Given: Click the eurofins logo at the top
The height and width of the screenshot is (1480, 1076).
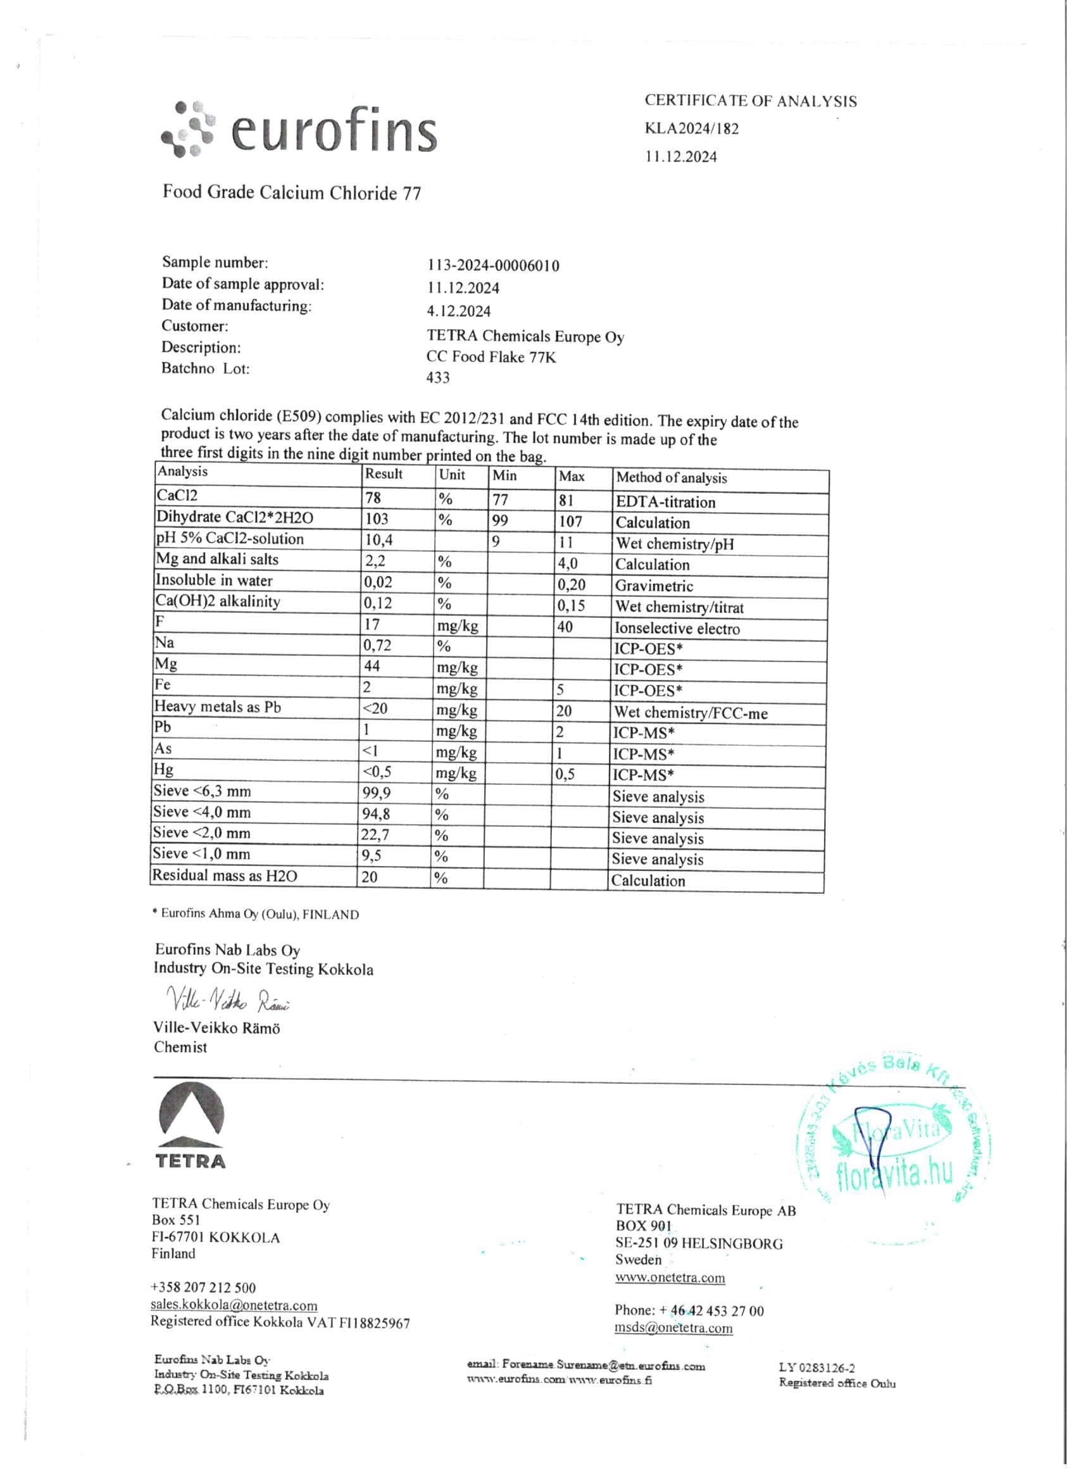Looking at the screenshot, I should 299,129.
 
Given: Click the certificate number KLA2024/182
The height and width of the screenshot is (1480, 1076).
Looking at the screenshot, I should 692,129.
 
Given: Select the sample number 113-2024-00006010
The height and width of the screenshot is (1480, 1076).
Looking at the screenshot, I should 493,266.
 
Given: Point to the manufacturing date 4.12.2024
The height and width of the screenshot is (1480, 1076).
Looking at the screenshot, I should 458,311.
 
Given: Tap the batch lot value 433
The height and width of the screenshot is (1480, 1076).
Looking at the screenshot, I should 438,377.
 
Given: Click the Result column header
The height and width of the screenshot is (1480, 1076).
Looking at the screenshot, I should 384,474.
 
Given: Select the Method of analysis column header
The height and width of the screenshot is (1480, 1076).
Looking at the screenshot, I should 672,478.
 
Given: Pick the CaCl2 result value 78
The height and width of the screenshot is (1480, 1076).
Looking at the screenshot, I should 373,498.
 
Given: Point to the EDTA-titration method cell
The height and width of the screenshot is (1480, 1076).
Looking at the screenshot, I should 666,502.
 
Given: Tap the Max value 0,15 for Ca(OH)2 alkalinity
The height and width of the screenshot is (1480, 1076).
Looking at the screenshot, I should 571,606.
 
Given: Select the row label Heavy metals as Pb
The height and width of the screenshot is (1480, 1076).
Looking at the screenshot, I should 218,706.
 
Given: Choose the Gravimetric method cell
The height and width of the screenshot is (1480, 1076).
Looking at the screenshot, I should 654,586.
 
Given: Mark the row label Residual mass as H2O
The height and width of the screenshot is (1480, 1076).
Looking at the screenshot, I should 225,875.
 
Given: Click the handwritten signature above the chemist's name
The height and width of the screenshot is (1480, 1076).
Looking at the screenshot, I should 228,999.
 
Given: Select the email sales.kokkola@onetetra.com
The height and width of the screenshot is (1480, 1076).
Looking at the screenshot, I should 234,1305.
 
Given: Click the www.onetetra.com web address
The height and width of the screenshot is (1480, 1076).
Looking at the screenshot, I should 670,1277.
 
